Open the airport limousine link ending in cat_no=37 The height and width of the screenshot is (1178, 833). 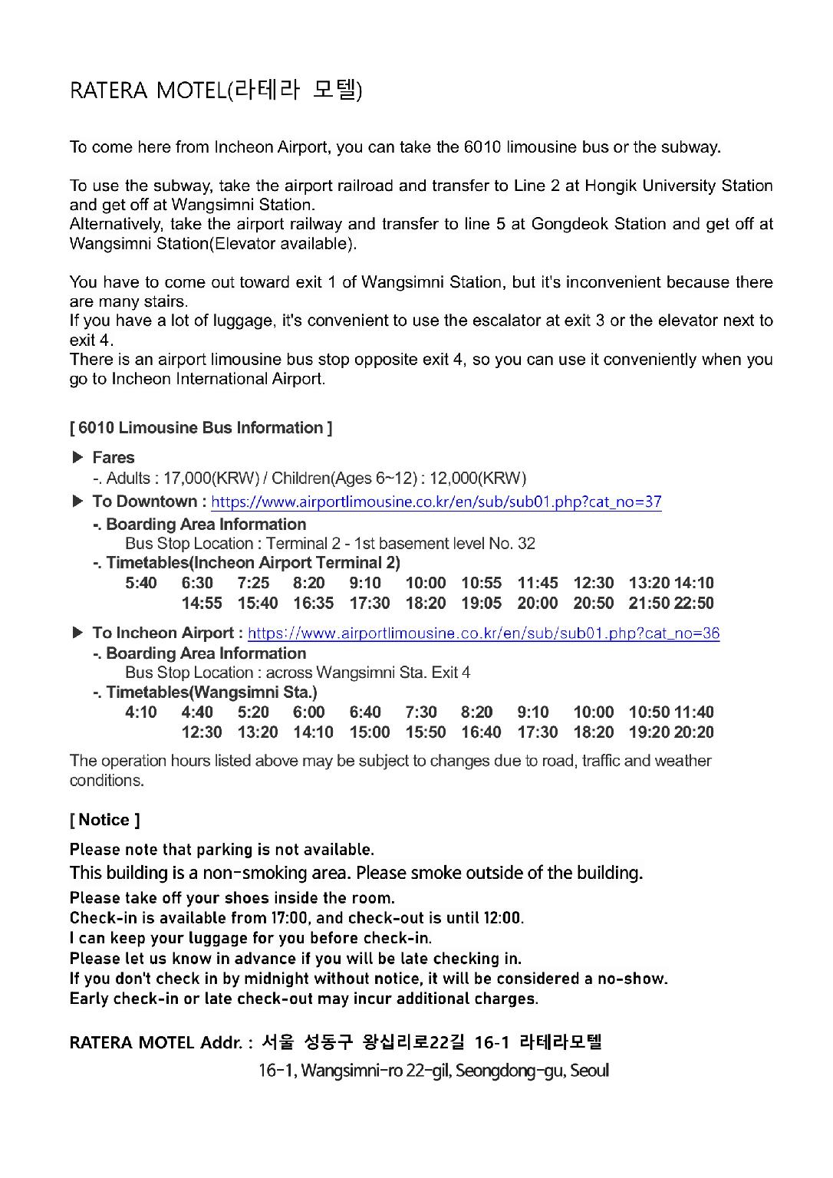pyautogui.click(x=436, y=502)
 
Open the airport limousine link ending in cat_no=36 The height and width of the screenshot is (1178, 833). pyautogui.click(x=483, y=633)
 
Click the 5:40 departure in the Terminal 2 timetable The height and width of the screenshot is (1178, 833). pyautogui.click(x=141, y=584)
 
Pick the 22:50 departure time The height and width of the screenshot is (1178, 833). pyautogui.click(x=694, y=604)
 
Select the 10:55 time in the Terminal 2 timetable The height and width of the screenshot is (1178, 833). pyautogui.click(x=481, y=584)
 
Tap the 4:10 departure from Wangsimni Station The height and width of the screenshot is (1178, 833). pyautogui.click(x=141, y=712)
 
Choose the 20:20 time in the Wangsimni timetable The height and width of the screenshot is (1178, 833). pyautogui.click(x=694, y=732)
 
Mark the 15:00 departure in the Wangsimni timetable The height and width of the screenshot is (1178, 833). pyautogui.click(x=370, y=732)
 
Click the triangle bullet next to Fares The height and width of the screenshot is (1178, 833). pyautogui.click(x=77, y=458)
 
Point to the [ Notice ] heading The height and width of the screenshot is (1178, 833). pyautogui.click(x=104, y=820)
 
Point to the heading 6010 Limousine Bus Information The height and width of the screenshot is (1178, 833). pyautogui.click(x=201, y=428)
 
